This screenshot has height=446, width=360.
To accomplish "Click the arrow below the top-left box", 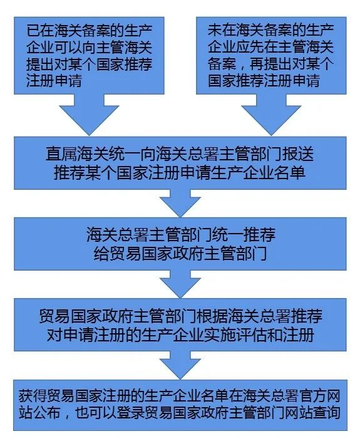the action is [90, 115].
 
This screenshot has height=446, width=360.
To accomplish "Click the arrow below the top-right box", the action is [271, 115].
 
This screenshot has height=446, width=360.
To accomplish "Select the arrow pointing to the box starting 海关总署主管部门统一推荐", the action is [180, 203].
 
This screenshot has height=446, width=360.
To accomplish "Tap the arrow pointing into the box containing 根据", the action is [180, 284].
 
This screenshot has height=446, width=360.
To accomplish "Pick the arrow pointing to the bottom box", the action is [180, 365].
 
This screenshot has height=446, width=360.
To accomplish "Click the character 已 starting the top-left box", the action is [33, 31].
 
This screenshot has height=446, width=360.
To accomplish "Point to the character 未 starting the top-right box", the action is [215, 31].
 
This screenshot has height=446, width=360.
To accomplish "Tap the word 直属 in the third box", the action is [61, 154].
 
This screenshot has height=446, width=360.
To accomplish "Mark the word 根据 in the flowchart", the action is [212, 316].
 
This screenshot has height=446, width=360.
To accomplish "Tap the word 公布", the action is [47, 413].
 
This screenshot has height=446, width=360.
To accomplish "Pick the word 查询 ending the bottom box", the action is [326, 413].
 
